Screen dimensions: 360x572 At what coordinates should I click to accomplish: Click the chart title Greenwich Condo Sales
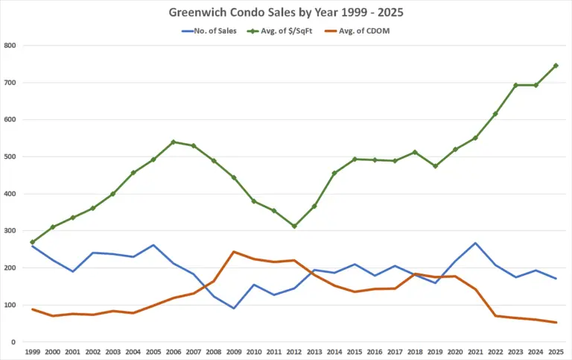pos(285,13)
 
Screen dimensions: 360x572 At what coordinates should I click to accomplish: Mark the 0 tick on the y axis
pos(13,342)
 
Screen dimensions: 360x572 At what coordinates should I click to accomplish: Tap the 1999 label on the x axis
pos(32,351)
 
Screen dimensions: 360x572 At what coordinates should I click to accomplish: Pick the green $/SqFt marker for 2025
pos(556,66)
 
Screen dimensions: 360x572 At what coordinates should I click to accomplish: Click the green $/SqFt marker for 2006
pos(174,142)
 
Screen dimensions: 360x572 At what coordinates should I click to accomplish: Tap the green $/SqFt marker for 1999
pos(32,242)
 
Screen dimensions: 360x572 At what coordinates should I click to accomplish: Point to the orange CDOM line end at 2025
pos(556,322)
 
